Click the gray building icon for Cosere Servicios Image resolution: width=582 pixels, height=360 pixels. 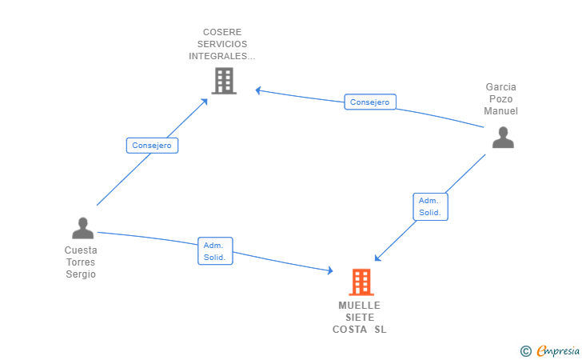224,81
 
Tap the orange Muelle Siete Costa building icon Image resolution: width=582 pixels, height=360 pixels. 361,282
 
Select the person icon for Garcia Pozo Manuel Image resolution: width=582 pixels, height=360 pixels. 503,138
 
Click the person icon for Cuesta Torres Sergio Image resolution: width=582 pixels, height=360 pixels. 83,228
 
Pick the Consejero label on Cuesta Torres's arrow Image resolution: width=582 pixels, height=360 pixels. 152,146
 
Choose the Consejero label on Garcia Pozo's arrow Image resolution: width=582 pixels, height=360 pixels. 370,102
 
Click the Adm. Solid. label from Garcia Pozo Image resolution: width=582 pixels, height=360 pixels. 431,206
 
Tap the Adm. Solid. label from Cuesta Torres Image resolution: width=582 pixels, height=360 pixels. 215,250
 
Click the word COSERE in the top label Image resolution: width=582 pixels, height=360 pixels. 222,32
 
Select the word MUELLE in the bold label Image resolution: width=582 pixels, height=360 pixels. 359,306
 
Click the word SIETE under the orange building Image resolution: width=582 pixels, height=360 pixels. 360,318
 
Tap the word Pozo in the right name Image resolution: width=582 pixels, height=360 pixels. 500,99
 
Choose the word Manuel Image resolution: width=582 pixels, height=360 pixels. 500,110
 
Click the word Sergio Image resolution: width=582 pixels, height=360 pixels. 81,274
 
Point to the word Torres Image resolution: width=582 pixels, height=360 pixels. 81,262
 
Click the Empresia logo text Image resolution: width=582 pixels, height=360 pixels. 558,350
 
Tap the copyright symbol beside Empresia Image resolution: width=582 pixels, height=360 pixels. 525,351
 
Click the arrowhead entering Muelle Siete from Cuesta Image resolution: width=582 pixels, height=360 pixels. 330,270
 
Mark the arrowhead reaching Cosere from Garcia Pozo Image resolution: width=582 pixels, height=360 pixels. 258,90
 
